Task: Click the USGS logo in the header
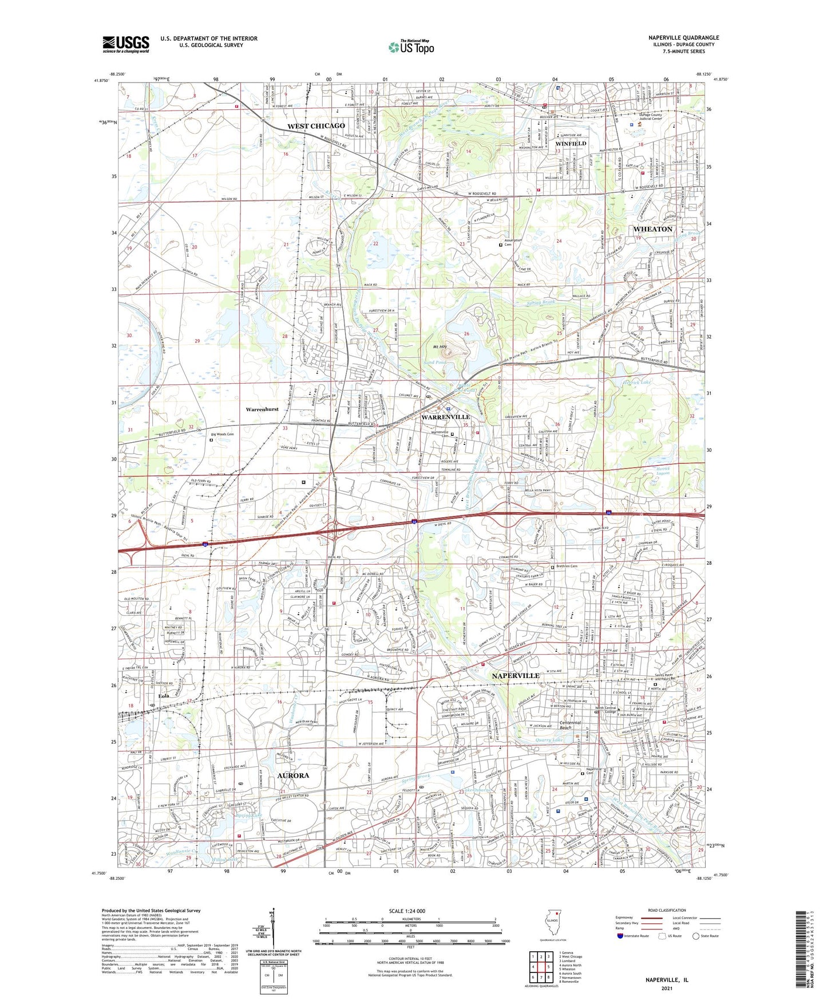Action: point(126,44)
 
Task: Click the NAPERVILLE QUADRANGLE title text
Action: point(683,38)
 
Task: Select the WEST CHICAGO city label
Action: point(316,126)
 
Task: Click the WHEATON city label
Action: point(652,229)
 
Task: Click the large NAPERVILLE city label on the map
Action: point(516,676)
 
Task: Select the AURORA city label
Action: point(293,775)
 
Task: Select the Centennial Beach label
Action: point(570,725)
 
